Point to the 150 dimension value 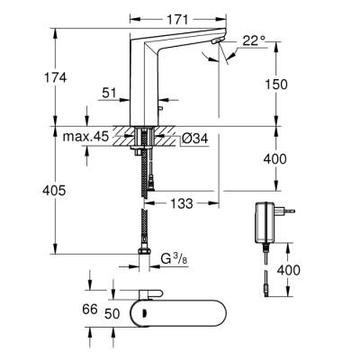[276, 85]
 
